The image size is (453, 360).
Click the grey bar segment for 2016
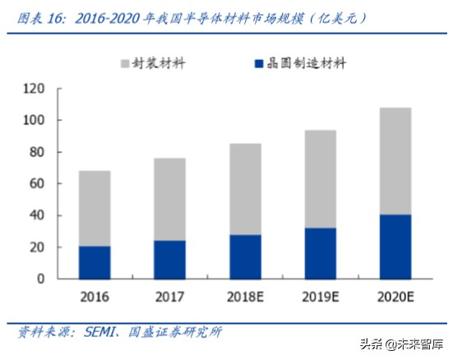coord(95,208)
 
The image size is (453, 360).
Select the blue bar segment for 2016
coord(95,262)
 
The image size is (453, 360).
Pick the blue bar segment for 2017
coord(169,259)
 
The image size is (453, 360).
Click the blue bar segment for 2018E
coord(245,256)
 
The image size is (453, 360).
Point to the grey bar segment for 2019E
coord(320,178)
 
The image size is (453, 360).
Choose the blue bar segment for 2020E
coord(395,247)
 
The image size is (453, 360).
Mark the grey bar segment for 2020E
coord(395,161)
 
